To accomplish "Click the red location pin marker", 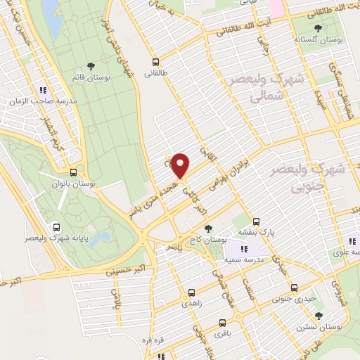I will [x=181, y=165].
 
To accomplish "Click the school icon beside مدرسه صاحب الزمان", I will [x=44, y=90].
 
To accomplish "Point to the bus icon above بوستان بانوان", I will [x=74, y=172].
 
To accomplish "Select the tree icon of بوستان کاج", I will [x=208, y=229].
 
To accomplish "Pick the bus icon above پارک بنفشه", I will [x=256, y=220].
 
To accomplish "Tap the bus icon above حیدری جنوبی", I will [x=294, y=288].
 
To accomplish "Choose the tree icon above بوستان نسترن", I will [x=319, y=316].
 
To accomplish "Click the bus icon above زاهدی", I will [x=191, y=290].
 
